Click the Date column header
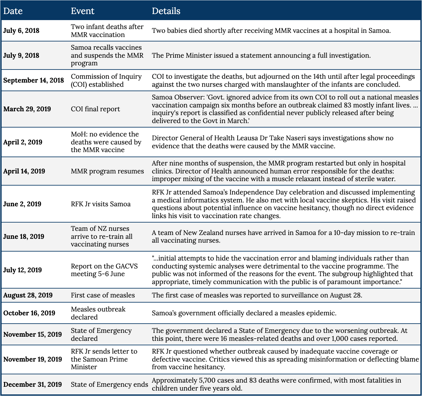coord(13,11)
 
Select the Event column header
coord(82,11)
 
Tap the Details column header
coord(166,11)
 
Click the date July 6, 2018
coord(21,31)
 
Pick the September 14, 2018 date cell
coord(33,80)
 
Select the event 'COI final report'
coord(95,109)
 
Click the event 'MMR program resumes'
coord(107,171)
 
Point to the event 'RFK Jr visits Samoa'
coord(100,204)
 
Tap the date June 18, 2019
coord(24,237)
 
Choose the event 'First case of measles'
coord(103,295)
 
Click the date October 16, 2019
coord(29,313)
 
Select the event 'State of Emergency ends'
coord(109,385)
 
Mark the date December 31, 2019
coord(33,385)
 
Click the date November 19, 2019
coord(33,359)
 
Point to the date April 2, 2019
coord(23,142)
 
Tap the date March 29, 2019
coord(27,109)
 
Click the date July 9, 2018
coord(21,55)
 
